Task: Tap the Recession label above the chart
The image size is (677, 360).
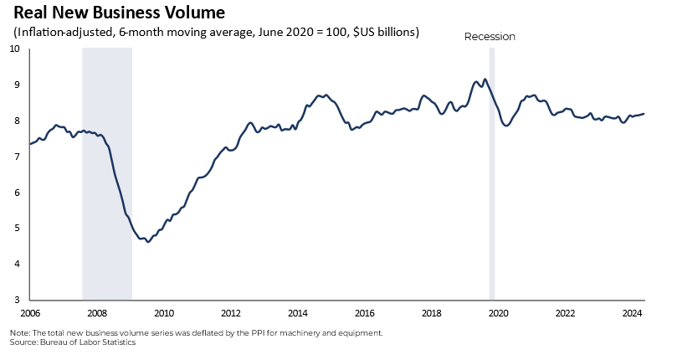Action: pos(490,37)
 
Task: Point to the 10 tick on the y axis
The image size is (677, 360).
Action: pos(14,49)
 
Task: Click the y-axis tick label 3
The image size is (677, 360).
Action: pos(17,300)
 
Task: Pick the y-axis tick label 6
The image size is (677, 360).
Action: pos(17,192)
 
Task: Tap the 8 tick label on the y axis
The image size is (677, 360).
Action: pos(17,121)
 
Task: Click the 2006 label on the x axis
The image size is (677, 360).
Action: pos(30,313)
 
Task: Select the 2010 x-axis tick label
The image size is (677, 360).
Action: pos(164,313)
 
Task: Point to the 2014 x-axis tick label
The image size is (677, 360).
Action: pos(298,313)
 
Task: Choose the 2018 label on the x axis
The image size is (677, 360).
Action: pos(432,313)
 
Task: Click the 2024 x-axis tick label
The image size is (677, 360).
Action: pos(633,313)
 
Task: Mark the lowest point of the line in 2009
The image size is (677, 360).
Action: pos(148,241)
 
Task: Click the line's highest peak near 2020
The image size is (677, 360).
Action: pos(485,80)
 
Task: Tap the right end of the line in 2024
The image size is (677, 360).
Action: pos(643,114)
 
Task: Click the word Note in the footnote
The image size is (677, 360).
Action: pos(19,332)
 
